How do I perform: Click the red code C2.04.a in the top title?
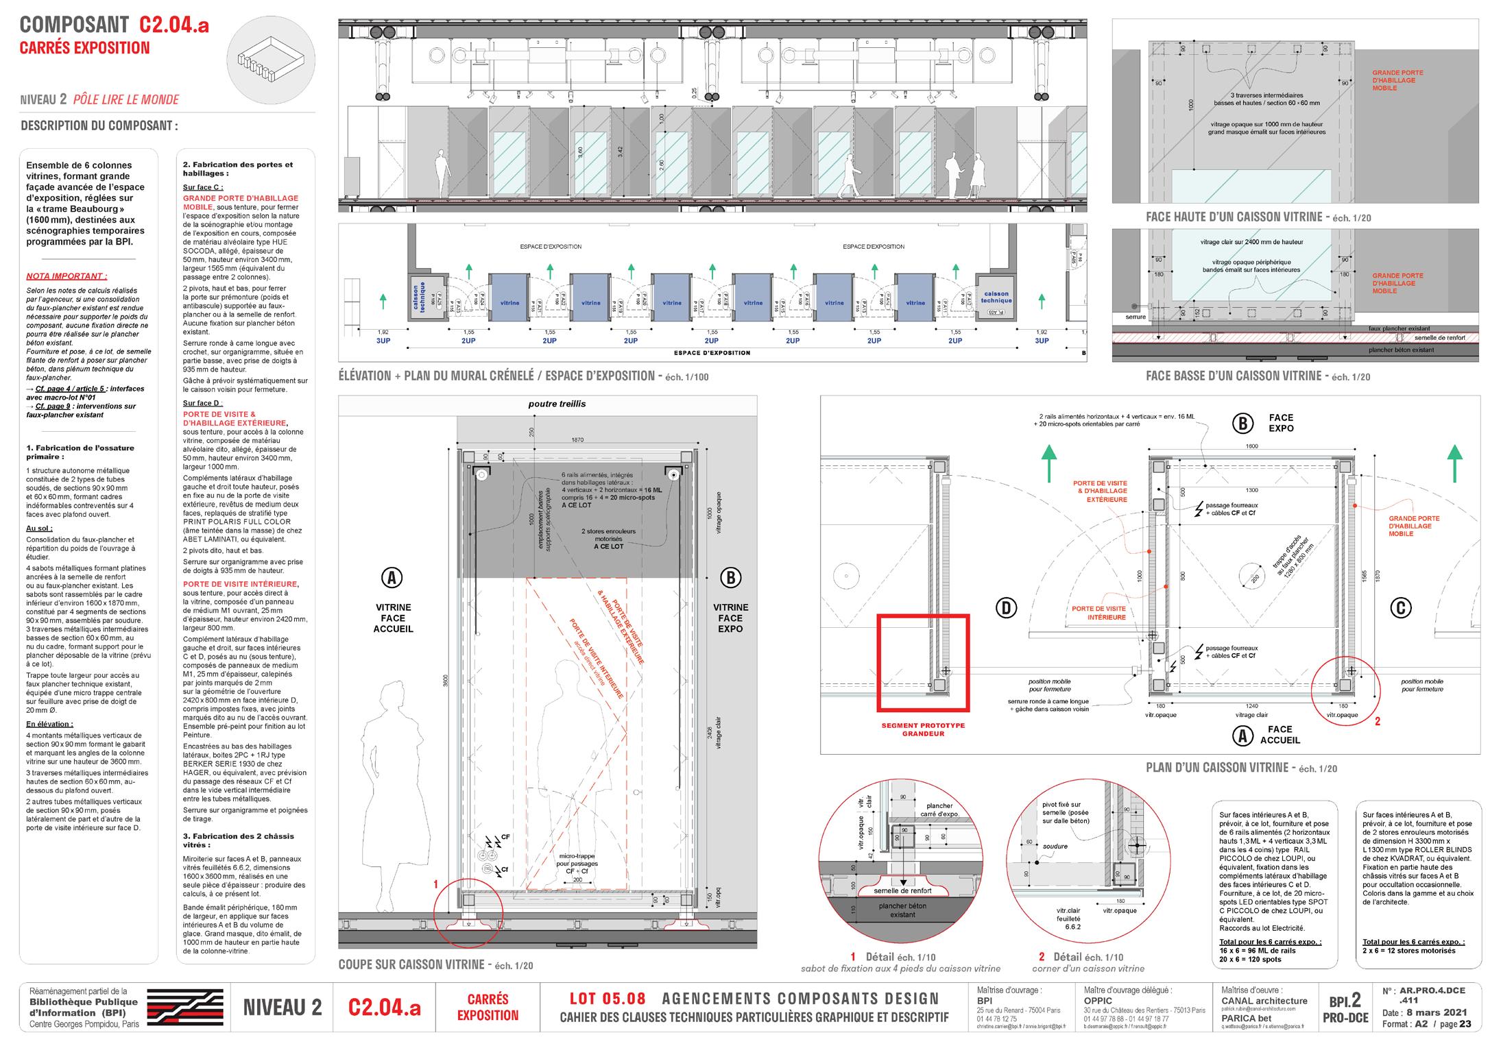(x=174, y=25)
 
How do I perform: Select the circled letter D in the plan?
(x=1005, y=607)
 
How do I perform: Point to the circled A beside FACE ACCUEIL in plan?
(x=1241, y=735)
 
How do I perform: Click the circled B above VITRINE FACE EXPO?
(x=730, y=579)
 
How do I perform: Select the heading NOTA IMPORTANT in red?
(x=67, y=276)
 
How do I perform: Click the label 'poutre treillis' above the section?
(x=557, y=404)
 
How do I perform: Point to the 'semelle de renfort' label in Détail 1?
(x=903, y=890)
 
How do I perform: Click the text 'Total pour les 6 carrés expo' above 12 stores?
(x=1413, y=942)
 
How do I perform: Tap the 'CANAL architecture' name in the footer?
(x=1264, y=1001)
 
